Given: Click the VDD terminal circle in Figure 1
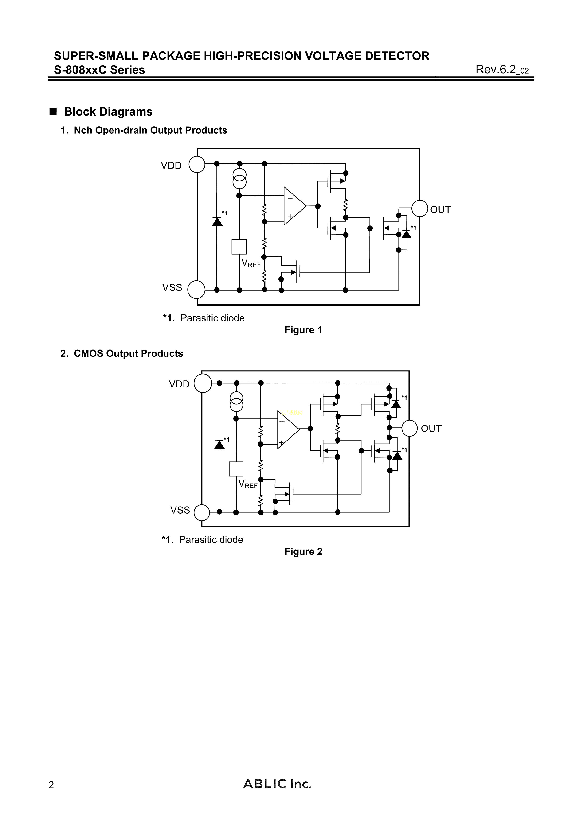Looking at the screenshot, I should point(197,165).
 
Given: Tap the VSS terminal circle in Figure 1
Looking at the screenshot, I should point(196,290).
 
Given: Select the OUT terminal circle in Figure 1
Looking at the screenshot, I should point(419,209).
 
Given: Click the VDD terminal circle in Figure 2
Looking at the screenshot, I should point(203,383).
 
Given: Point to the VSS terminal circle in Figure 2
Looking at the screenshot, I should point(202,512).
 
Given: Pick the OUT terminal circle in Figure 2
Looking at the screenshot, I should point(410,428).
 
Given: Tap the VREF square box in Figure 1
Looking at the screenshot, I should point(239,247).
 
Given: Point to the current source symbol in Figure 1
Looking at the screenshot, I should point(240,178).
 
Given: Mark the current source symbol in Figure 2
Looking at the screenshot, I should point(236,402).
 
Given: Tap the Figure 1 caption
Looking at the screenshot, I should point(303,330).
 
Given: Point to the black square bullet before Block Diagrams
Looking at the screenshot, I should point(53,111).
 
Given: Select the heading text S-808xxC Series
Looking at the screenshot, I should point(99,70).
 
